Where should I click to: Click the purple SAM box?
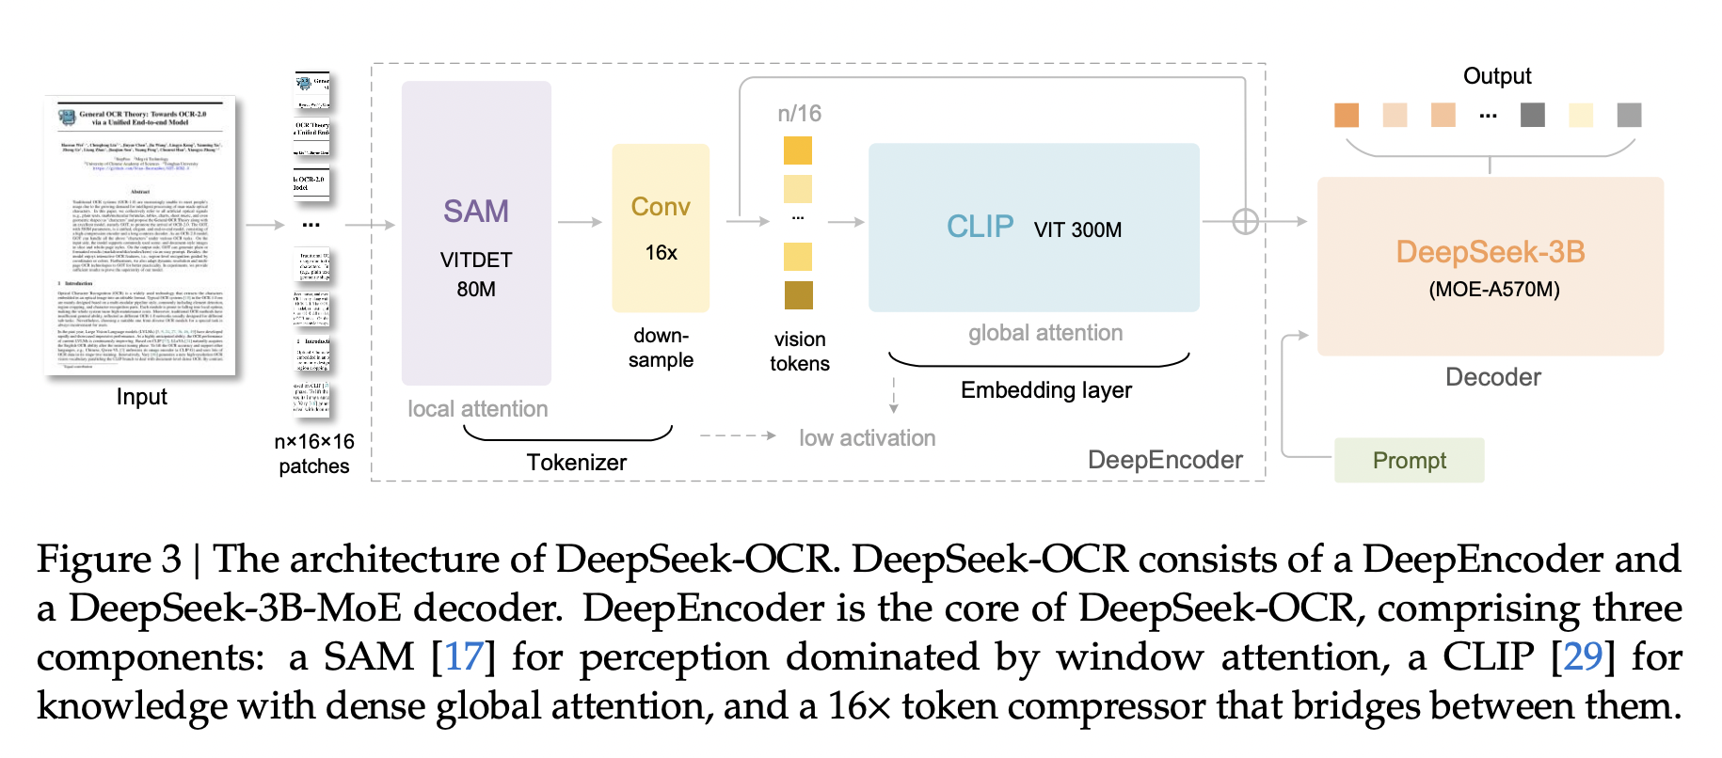coord(476,232)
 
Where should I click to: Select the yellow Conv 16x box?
coord(661,228)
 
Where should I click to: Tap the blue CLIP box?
coord(1033,228)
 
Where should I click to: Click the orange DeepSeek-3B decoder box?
coord(1490,266)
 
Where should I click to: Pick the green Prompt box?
coord(1409,460)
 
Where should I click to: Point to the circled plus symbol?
coord(1245,222)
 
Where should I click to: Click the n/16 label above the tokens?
coord(799,114)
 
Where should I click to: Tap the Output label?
coord(1496,76)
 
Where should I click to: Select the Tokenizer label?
coord(576,462)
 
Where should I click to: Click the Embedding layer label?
coord(1045,389)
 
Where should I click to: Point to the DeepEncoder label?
coord(1164,460)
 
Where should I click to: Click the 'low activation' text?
coord(867,438)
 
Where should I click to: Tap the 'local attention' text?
coord(477,409)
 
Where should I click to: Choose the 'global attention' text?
coord(1045,333)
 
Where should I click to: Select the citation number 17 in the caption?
coord(464,656)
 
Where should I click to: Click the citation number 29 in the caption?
coord(1583,656)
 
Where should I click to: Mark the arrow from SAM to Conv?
coord(580,222)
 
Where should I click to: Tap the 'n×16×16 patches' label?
coord(313,453)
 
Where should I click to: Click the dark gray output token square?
coord(1532,115)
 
